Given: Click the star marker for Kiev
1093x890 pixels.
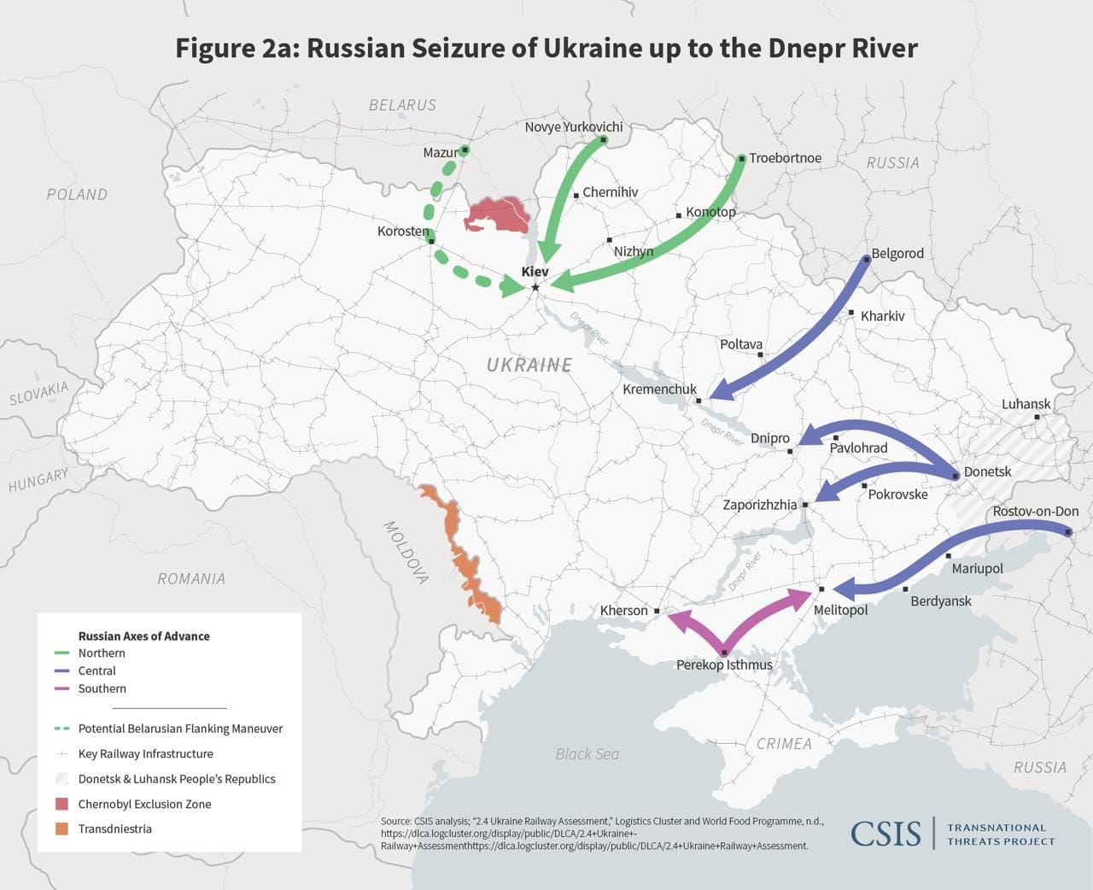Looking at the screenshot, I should pos(535,287).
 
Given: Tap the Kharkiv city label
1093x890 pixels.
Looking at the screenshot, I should pos(882,316).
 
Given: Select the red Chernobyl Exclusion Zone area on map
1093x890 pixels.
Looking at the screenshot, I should pos(497,216).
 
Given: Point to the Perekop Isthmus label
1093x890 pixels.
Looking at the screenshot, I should pos(724,665).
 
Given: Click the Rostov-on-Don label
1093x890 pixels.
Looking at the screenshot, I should pos(1035,512).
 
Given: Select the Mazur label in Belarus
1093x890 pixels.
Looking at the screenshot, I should pos(440,153).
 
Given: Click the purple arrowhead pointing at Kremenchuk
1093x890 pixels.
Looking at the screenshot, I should pos(720,392).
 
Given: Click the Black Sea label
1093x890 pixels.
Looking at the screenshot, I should pos(587,753).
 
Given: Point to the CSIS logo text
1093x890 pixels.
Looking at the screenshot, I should pos(886,834).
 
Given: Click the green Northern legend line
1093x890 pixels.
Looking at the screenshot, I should pos(61,653).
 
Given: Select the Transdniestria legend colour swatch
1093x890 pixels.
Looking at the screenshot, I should pos(61,829).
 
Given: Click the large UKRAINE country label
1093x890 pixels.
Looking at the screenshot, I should pos(529,365).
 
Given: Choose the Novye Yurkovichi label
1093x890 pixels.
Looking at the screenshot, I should pos(573,126).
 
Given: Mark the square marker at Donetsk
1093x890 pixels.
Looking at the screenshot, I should pos(956,475).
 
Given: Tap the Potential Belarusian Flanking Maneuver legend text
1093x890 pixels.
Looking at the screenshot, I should pos(180,729).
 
